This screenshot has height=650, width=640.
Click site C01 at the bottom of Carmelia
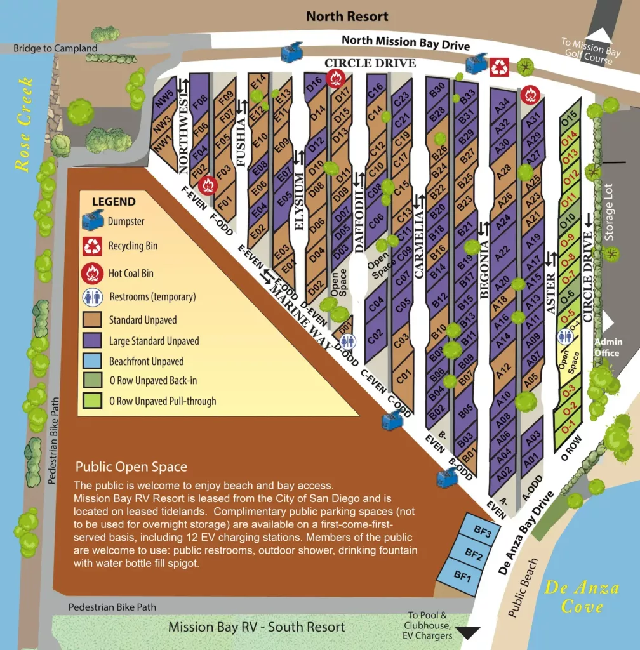401,380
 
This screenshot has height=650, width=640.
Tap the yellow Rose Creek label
23,124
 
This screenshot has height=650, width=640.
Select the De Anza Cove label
581,597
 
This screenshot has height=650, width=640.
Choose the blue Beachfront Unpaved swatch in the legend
95,361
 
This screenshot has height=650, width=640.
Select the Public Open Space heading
131,467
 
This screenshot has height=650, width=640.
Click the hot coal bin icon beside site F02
207,185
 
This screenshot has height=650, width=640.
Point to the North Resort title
347,16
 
